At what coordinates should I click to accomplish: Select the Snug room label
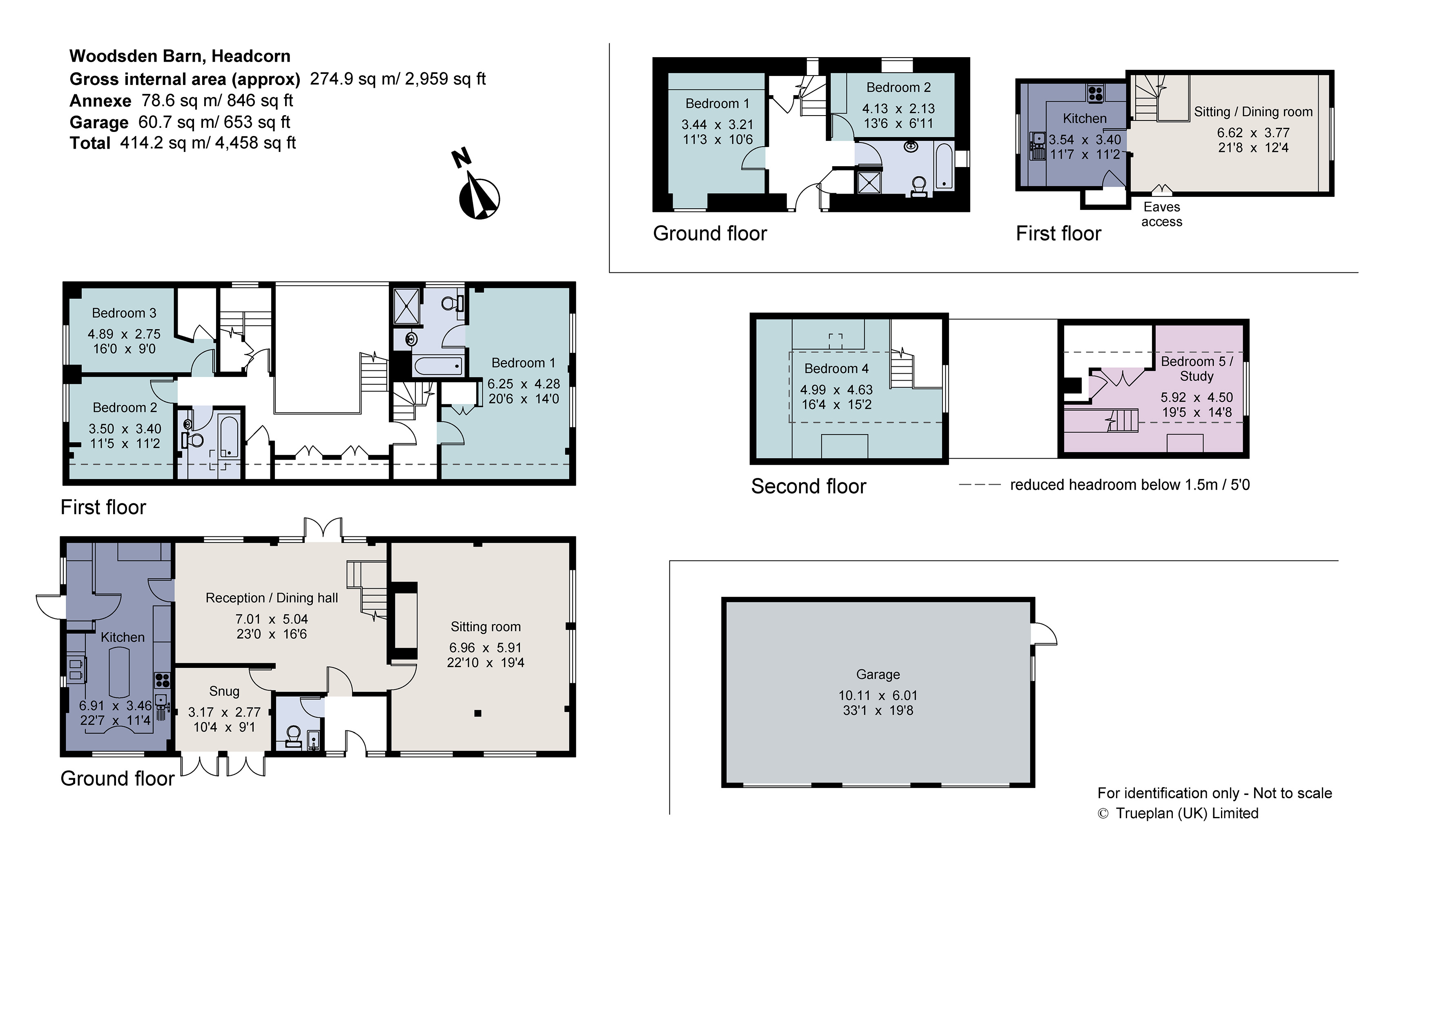click(x=224, y=691)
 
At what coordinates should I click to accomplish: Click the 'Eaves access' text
click(x=1161, y=214)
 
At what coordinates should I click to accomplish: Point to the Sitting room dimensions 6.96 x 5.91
click(x=486, y=648)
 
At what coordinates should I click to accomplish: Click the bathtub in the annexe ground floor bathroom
click(x=944, y=166)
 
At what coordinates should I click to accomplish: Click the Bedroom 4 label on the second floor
click(x=836, y=368)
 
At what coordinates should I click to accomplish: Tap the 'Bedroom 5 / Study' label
click(x=1197, y=368)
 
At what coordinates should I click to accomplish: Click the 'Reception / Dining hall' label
click(x=272, y=598)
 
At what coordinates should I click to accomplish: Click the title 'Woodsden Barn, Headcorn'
click(x=180, y=56)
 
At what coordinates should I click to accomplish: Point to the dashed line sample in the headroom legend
click(x=979, y=485)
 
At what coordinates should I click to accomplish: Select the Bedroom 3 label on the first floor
click(x=124, y=313)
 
